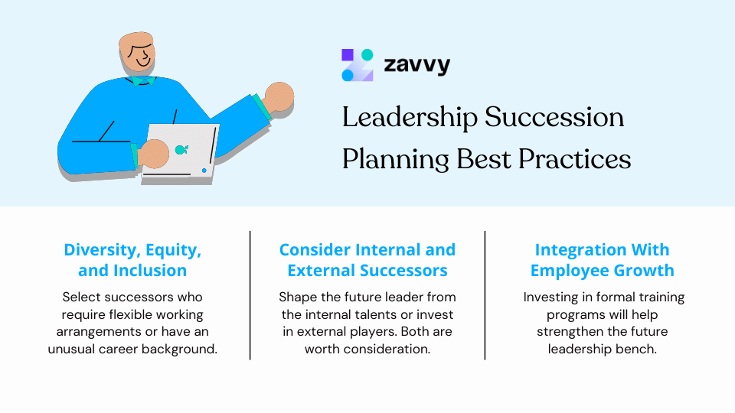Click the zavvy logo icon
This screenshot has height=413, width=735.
358,65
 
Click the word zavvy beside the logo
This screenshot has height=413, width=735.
416,65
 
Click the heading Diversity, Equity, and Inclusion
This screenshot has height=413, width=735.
132,260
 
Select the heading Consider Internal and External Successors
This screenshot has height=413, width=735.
367,260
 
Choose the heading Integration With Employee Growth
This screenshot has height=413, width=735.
602,260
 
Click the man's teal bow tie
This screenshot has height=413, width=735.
143,80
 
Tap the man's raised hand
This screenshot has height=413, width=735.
279,98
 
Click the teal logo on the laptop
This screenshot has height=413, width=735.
181,149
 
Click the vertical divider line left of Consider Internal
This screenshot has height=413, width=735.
250,294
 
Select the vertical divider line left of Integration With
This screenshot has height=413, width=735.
485,294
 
